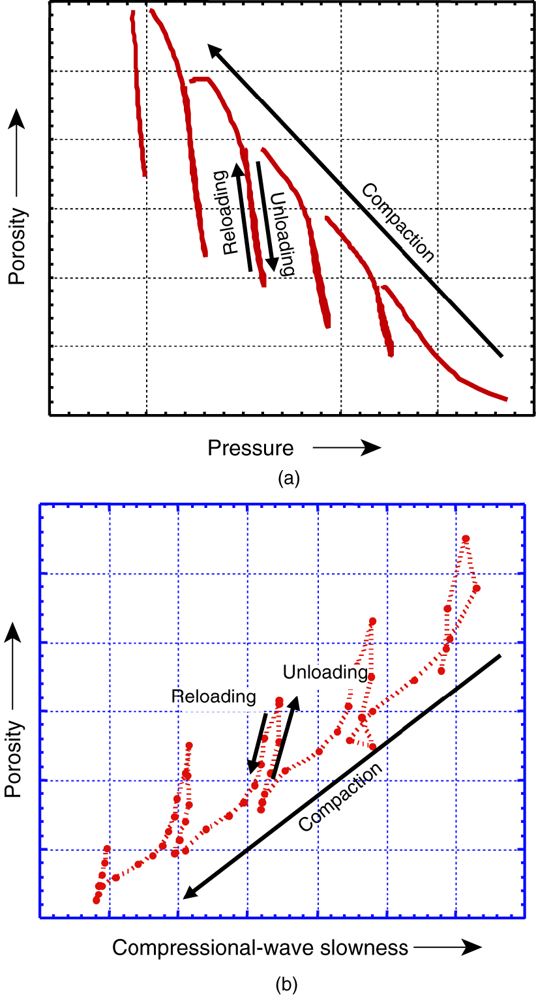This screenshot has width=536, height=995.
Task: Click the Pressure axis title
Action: tap(250, 448)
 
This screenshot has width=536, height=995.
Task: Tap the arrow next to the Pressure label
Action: tap(346, 448)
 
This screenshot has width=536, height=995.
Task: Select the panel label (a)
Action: tap(288, 479)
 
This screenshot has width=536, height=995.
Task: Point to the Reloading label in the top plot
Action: tap(226, 213)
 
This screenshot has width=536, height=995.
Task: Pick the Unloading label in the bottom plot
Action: tap(325, 672)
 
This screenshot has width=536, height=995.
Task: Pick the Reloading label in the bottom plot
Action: tap(213, 696)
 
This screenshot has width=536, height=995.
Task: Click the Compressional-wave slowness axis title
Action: tap(260, 947)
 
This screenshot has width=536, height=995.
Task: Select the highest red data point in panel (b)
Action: tap(466, 539)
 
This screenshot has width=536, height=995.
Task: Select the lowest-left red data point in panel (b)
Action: tap(97, 900)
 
